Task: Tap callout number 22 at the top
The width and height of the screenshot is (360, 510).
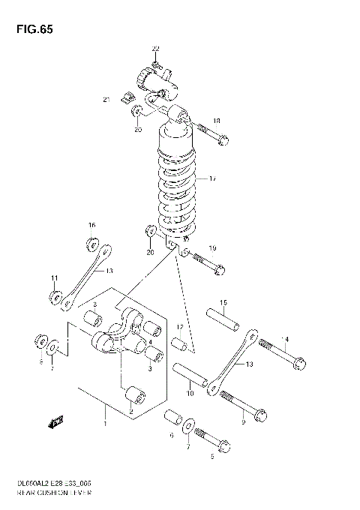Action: tap(155, 49)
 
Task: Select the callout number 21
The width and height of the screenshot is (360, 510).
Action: tap(106, 99)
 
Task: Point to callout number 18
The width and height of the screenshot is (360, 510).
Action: tap(216, 121)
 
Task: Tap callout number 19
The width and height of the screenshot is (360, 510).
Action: tap(212, 248)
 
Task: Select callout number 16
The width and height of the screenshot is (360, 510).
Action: tap(91, 225)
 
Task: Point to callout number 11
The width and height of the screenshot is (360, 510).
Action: tap(54, 279)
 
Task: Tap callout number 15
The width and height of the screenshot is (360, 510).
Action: tap(223, 302)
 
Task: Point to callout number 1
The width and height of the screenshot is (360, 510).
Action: tap(106, 424)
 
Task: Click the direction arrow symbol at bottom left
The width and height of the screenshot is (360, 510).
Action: tap(55, 423)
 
